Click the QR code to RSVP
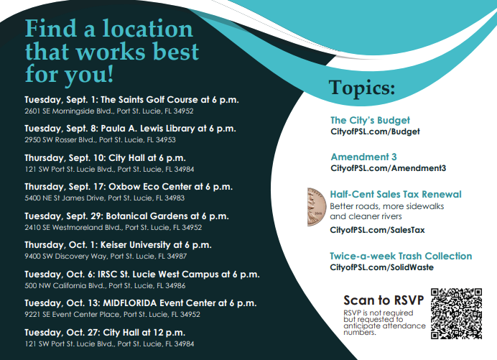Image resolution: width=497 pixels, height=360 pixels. coord(457,313)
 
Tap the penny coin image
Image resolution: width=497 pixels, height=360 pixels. coord(317,207)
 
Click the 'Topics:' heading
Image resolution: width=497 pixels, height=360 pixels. coord(362,88)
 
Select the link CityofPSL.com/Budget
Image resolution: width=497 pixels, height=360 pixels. coord(375,131)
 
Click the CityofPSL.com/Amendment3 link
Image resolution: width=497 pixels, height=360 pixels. coord(389,168)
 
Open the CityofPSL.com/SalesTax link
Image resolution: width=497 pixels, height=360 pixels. coord(377,230)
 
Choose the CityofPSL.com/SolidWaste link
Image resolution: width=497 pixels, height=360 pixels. coord(381,267)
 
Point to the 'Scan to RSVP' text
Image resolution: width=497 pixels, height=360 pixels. coord(384,300)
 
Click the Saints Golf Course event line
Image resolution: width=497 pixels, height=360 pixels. coord(131,100)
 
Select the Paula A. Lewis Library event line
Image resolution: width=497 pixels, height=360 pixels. coord(130,129)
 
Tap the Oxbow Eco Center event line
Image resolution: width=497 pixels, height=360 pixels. coord(129,187)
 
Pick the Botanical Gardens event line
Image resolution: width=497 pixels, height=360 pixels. coord(126,216)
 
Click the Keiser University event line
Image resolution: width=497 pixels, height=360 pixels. coord(118,245)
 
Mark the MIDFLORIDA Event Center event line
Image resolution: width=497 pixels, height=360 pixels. coord(141,303)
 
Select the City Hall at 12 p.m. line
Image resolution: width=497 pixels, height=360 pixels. coord(105,333)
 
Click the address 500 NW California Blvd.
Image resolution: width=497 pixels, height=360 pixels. coord(105,286)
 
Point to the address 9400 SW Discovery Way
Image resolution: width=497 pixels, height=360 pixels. coord(106,257)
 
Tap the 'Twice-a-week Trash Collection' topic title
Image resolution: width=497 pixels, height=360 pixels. coord(401,256)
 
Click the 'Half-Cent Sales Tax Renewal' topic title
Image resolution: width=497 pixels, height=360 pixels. coord(396,194)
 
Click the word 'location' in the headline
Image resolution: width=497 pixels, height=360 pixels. coord(148,29)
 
